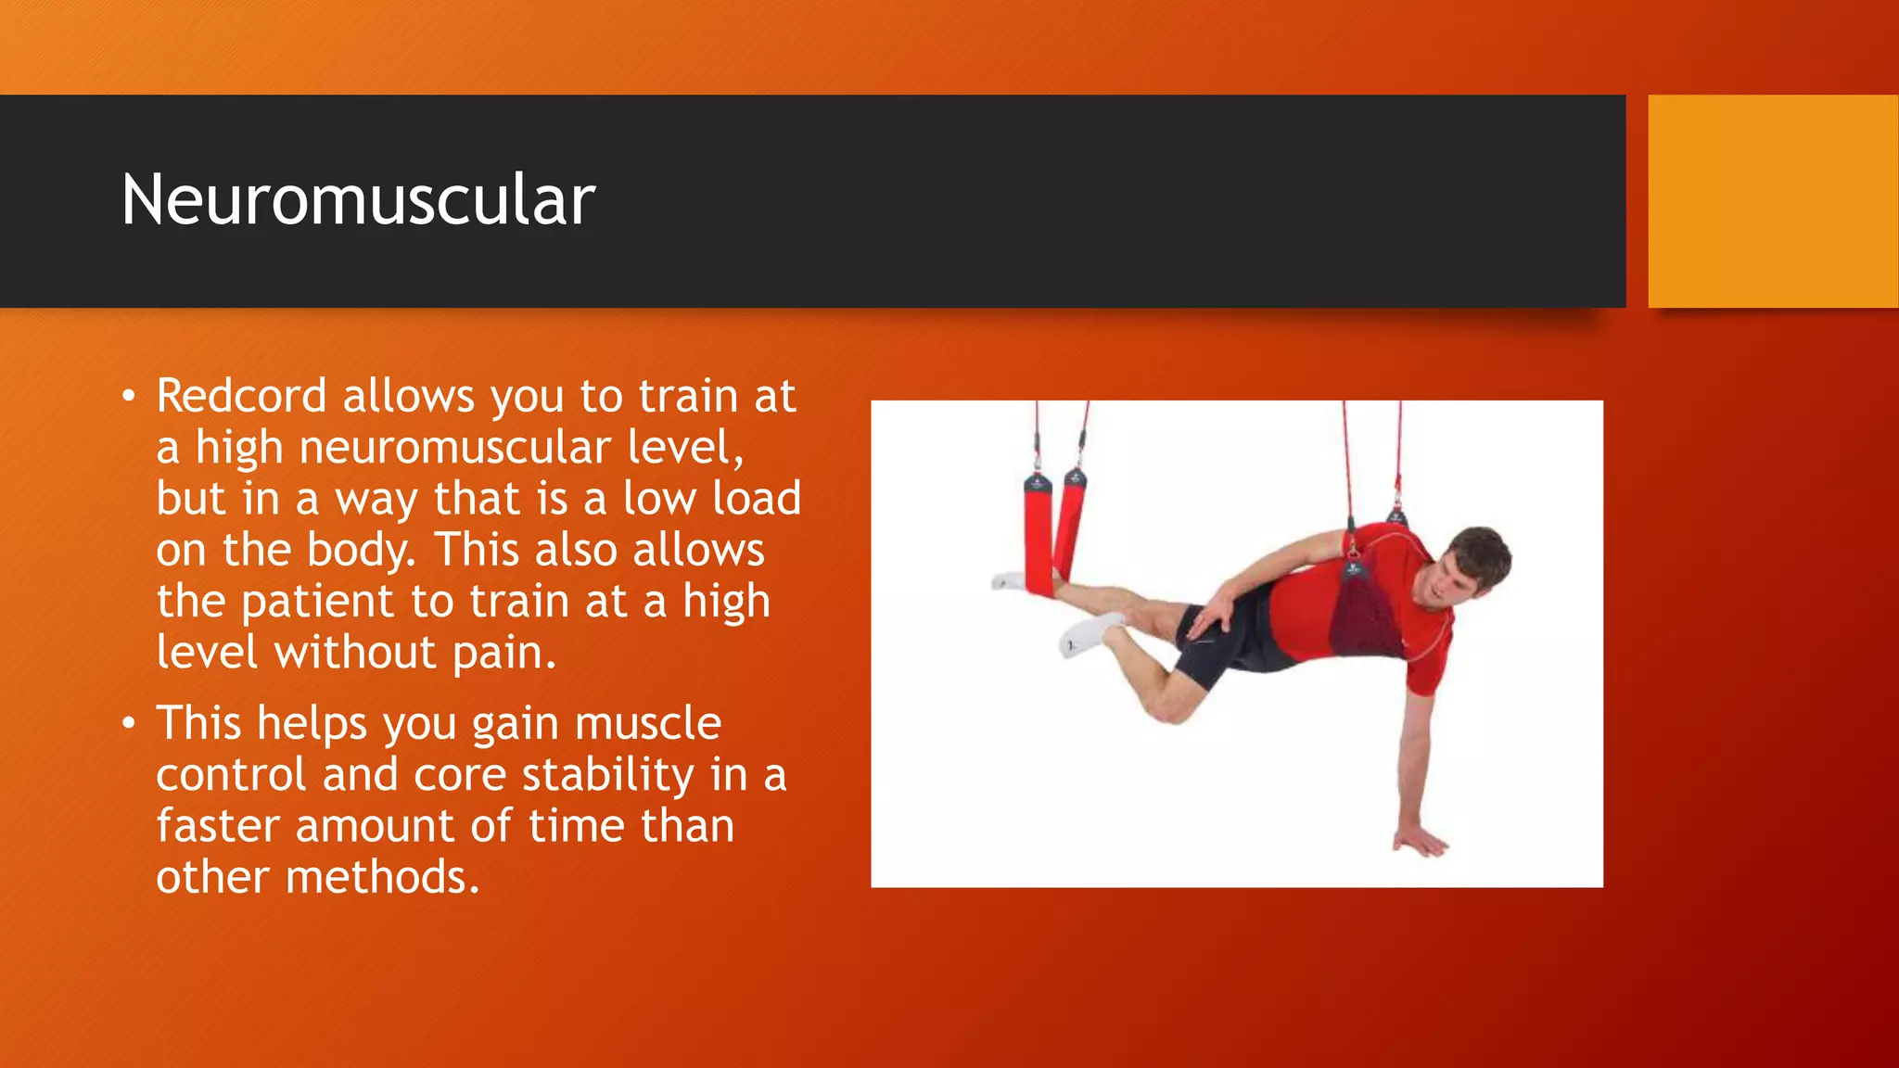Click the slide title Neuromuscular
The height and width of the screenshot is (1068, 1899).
pyautogui.click(x=358, y=200)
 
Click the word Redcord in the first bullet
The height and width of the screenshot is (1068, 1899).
pyautogui.click(x=241, y=396)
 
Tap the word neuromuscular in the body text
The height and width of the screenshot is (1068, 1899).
pyautogui.click(x=455, y=448)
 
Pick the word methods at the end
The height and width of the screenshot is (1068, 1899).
pyautogui.click(x=381, y=877)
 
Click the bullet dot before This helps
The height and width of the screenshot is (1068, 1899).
pyautogui.click(x=129, y=724)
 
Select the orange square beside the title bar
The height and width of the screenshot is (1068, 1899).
pyautogui.click(x=1772, y=200)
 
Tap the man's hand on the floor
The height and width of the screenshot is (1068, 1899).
pyautogui.click(x=1419, y=842)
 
